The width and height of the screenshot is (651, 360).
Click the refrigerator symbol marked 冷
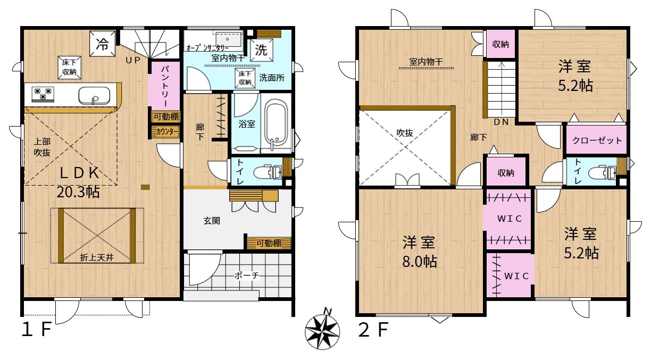click(x=102, y=44)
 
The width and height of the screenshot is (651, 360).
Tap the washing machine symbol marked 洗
click(x=261, y=50)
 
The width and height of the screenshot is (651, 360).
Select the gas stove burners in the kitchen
click(x=43, y=94)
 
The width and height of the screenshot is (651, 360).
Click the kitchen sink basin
click(x=94, y=95)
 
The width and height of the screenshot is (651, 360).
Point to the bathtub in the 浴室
click(x=277, y=123)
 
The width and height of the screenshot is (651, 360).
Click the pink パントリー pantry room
click(x=164, y=86)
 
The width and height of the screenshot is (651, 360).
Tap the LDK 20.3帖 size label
click(x=79, y=182)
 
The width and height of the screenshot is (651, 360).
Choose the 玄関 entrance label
click(x=212, y=221)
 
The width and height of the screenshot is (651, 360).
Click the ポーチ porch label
click(x=246, y=275)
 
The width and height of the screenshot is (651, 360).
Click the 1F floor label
click(x=37, y=329)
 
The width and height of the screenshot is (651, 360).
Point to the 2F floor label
click(x=373, y=330)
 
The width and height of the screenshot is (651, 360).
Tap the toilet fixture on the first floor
click(x=268, y=172)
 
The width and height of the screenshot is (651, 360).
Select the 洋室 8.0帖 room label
click(x=419, y=252)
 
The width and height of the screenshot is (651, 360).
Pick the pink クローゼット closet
click(x=596, y=139)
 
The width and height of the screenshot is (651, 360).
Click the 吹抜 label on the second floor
click(x=405, y=133)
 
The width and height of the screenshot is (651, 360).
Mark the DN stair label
click(x=502, y=122)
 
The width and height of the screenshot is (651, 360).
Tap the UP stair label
click(x=133, y=60)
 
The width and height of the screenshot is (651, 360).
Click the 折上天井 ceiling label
click(x=97, y=257)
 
